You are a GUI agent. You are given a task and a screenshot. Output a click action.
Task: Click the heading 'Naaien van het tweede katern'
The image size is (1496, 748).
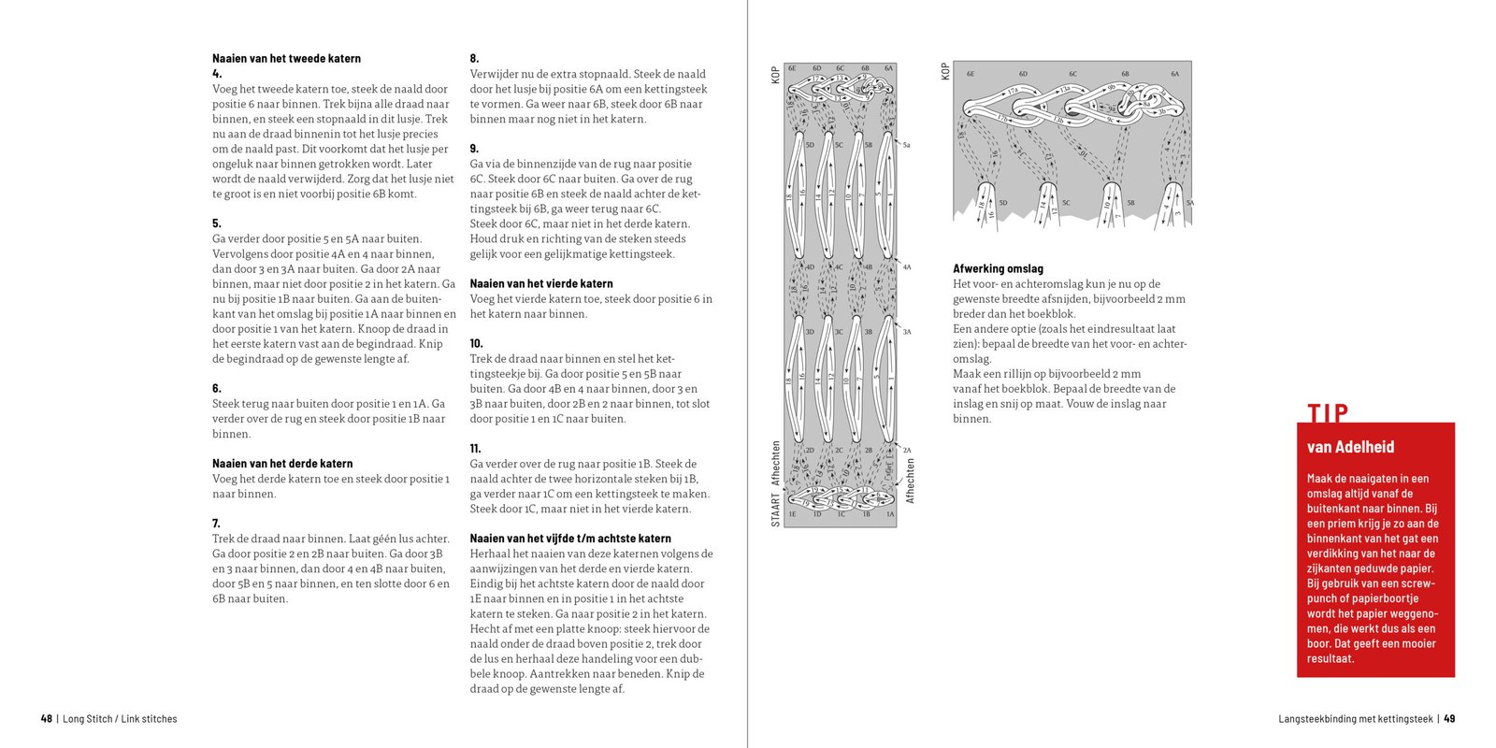click(286, 58)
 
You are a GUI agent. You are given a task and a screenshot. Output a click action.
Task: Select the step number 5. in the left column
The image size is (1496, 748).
click(217, 223)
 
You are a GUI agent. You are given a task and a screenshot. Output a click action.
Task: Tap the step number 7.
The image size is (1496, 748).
click(217, 524)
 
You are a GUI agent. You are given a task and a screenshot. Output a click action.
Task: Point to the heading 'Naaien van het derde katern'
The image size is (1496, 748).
click(282, 464)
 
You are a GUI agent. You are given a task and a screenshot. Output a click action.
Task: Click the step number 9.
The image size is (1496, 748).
click(474, 149)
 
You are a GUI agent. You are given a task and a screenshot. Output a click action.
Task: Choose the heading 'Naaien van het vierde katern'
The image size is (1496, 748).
click(541, 283)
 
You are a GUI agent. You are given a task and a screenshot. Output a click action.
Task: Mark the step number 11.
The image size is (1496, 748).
click(475, 449)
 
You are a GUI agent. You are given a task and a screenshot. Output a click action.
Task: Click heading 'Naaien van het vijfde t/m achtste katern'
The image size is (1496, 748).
click(570, 539)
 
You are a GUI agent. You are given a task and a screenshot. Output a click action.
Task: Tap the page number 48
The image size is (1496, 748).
click(47, 719)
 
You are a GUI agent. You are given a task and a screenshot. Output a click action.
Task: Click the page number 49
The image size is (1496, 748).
click(1449, 719)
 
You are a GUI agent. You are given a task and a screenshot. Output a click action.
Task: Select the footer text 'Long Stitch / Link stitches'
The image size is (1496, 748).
click(120, 719)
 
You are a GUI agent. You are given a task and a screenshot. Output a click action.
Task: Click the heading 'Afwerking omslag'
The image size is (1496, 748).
click(998, 268)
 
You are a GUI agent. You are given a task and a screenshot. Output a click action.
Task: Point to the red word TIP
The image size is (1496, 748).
click(1328, 412)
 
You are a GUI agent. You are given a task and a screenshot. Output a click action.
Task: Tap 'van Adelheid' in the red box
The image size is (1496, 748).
click(1350, 447)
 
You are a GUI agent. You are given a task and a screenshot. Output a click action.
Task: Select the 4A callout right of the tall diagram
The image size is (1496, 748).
click(907, 267)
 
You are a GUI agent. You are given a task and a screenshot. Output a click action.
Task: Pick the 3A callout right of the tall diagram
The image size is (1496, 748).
click(907, 332)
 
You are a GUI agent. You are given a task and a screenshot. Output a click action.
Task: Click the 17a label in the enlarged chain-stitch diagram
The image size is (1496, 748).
click(1013, 91)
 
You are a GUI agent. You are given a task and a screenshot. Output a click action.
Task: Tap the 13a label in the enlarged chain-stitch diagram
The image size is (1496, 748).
click(1065, 90)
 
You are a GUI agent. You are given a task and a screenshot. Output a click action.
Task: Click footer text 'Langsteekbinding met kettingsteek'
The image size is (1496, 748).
click(1355, 719)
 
